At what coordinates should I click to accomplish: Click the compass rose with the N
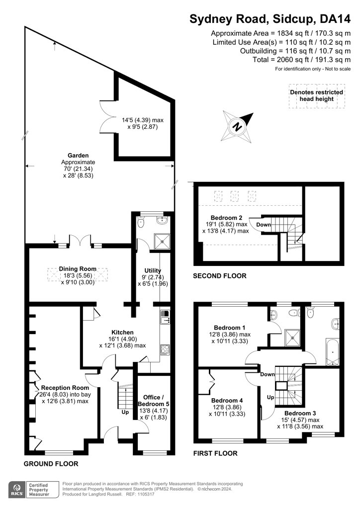click(x=237, y=127)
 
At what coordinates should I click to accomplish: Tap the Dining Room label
click(x=78, y=269)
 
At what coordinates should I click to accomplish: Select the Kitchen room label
click(x=122, y=332)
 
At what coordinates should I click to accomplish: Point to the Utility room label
click(x=153, y=270)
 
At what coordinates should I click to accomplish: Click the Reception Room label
click(x=65, y=388)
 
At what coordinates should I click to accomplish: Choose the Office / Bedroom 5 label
click(x=154, y=401)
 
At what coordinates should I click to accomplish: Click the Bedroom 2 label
click(x=226, y=218)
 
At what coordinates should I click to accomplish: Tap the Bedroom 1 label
click(x=230, y=328)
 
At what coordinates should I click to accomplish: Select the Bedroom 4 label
click(x=227, y=401)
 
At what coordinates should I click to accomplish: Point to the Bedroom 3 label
click(x=300, y=413)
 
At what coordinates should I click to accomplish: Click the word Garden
click(x=78, y=156)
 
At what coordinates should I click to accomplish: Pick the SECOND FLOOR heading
click(x=220, y=276)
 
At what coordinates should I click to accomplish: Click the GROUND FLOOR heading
click(x=51, y=464)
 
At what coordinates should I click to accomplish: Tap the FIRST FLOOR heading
click(x=215, y=453)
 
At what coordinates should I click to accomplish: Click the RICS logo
click(x=17, y=490)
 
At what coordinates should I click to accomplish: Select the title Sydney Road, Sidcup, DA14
click(x=270, y=19)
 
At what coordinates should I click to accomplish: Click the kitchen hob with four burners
click(x=165, y=349)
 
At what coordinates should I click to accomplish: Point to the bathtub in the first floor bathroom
click(x=332, y=352)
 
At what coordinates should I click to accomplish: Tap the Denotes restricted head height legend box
click(x=317, y=96)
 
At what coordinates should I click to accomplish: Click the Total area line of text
click(x=301, y=60)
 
